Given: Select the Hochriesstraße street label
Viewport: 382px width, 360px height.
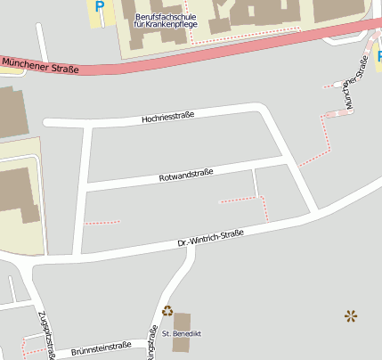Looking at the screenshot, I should click(x=169, y=116).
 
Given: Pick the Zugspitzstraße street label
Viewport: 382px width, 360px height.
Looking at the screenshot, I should click(x=45, y=335).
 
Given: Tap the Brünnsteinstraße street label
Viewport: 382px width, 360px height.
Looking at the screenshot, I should click(x=102, y=347).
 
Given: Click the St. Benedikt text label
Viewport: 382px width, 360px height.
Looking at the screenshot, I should click(x=182, y=333).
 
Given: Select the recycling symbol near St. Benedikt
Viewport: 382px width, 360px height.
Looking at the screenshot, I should click(x=167, y=311).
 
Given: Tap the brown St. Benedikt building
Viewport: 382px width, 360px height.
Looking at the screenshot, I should click(x=182, y=321).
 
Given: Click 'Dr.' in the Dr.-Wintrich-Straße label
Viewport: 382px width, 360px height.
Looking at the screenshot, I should click(x=183, y=242).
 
